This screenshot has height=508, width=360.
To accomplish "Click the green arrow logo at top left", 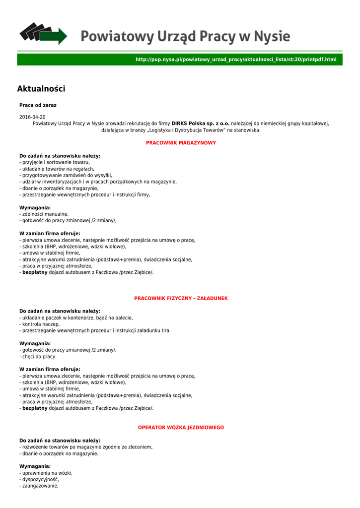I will pyautogui.click(x=43, y=33).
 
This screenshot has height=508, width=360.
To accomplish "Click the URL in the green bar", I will pyautogui.click(x=236, y=60).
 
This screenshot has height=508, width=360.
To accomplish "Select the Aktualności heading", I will pyautogui.click(x=41, y=89).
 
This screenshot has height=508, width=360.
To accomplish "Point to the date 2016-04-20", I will pyautogui.click(x=32, y=117).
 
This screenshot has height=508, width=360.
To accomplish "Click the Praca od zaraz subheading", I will pyautogui.click(x=38, y=105).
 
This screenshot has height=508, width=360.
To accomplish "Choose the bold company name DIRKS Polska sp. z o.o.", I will pyautogui.click(x=201, y=123).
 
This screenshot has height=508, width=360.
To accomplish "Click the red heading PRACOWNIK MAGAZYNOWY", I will pyautogui.click(x=181, y=143).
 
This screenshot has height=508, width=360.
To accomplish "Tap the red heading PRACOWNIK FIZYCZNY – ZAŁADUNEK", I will pyautogui.click(x=181, y=298).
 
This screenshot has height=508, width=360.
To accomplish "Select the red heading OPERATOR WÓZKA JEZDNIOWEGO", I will pyautogui.click(x=181, y=428).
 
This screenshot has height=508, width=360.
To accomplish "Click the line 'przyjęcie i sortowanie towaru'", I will pyautogui.click(x=55, y=162).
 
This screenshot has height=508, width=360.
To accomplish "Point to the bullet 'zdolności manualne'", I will pyautogui.click(x=45, y=214).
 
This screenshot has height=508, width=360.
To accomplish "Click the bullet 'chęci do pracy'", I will pyautogui.click(x=39, y=356).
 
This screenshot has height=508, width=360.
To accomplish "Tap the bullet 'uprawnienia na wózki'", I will pyautogui.click(x=47, y=473).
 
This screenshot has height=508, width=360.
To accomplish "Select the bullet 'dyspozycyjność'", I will pyautogui.click(x=40, y=480).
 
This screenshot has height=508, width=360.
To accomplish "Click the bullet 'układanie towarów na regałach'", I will pyautogui.click(x=58, y=169).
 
